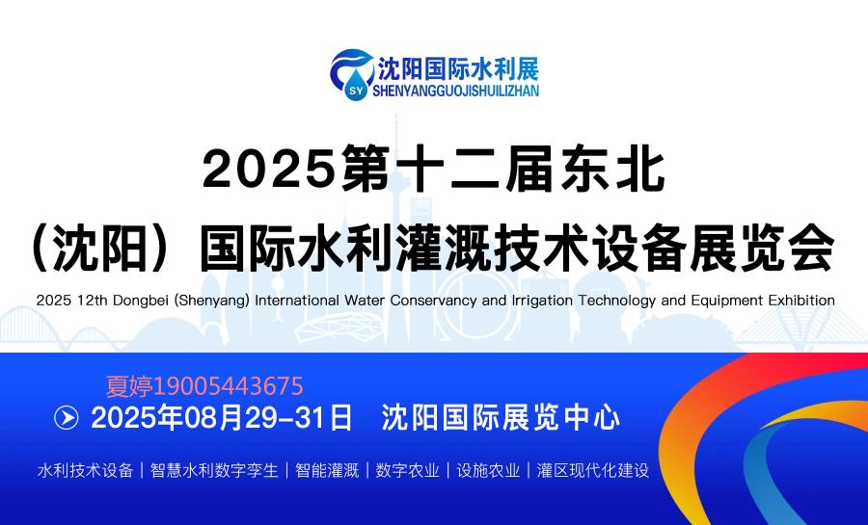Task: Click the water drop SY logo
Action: click(x=351, y=75)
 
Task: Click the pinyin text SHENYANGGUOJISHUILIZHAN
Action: click(x=455, y=91)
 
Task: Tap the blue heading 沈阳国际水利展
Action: click(x=458, y=68)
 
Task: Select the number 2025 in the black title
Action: click(x=270, y=170)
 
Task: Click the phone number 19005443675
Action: click(x=228, y=386)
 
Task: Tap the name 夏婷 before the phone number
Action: click(x=129, y=386)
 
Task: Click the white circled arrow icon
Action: click(x=67, y=418)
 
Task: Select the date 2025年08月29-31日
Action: click(x=222, y=418)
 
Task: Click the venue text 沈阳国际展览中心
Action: click(x=501, y=418)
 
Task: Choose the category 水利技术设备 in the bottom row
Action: click(x=85, y=470)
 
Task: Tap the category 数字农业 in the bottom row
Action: click(x=407, y=470)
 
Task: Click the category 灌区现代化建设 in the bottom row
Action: click(x=593, y=470)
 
